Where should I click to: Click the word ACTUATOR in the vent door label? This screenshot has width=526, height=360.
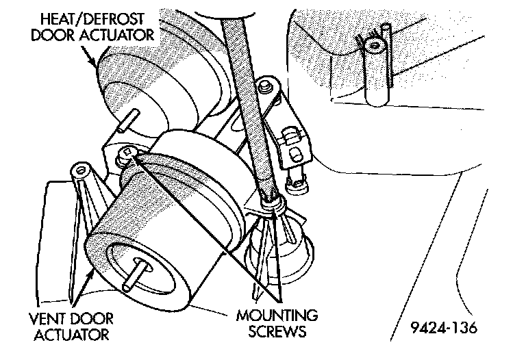[71, 335]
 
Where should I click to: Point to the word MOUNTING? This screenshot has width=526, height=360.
[277, 316]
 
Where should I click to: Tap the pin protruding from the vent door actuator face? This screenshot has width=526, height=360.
[140, 270]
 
